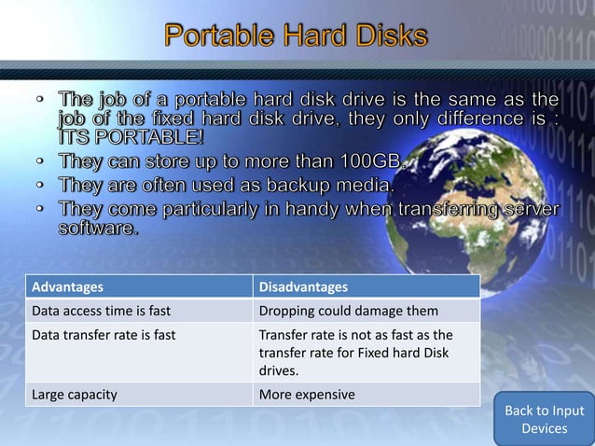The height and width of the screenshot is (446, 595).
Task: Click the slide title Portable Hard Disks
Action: point(297,37)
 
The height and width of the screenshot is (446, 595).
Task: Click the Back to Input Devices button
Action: point(544,419)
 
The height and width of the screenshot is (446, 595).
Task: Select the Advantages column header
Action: point(68,286)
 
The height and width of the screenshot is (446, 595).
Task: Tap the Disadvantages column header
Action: point(303,286)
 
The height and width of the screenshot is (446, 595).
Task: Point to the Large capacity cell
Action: point(75,394)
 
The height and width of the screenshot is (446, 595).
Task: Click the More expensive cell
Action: point(307,394)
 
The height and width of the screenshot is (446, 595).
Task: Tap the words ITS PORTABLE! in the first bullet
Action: point(130,138)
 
